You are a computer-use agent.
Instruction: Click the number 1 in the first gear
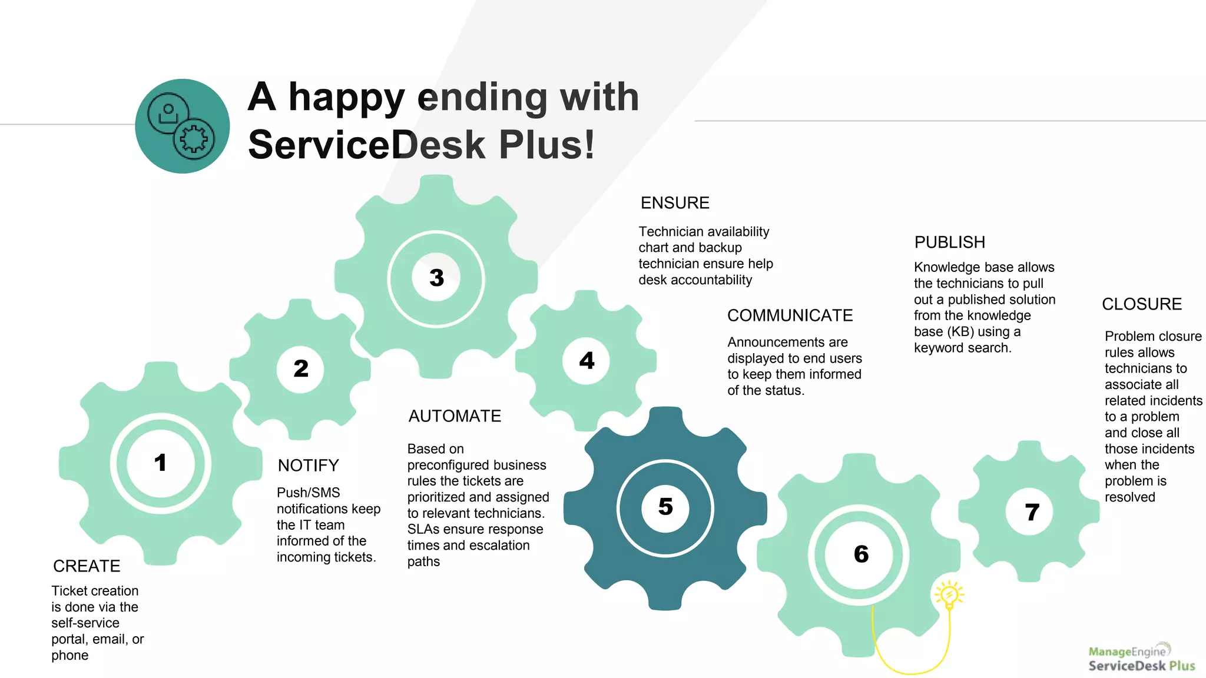160,463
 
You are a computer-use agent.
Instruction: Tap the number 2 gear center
301,369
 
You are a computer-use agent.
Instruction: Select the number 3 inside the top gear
436,278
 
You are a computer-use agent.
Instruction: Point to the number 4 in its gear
587,361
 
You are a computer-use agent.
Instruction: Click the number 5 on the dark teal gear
665,507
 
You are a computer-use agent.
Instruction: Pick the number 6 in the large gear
861,554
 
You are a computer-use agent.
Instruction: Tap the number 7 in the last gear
1032,512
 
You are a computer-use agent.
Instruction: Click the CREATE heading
87,566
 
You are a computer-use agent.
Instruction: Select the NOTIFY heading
308,466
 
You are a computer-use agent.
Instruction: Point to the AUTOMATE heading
455,416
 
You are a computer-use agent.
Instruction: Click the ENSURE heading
675,203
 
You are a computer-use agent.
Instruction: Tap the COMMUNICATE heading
790,315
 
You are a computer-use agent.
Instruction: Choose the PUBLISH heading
949,242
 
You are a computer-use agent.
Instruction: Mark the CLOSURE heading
1141,304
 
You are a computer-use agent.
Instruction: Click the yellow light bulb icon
949,594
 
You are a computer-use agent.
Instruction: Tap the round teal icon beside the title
183,126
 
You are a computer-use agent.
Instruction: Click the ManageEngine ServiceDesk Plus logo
1141,658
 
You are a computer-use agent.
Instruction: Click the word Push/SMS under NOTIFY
308,493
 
